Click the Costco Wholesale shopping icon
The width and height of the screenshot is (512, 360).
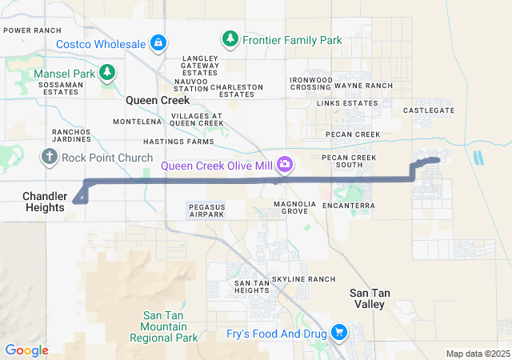tap(158, 42)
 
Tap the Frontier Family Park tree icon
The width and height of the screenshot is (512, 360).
tap(230, 39)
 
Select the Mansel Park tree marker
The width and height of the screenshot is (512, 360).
tap(107, 73)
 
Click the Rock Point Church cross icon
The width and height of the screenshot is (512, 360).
tap(50, 156)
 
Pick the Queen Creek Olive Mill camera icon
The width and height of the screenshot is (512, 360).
tap(285, 166)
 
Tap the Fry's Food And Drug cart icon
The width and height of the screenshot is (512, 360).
tap(339, 331)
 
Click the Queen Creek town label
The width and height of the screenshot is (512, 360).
tap(158, 101)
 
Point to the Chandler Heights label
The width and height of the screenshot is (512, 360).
tap(43, 202)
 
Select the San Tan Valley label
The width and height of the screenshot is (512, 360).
tap(370, 298)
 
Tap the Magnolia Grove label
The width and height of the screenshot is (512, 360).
tap(290, 208)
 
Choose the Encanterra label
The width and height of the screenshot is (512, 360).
tap(350, 206)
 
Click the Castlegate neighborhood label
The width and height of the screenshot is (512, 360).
tap(429, 110)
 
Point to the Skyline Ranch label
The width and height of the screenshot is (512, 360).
tap(303, 278)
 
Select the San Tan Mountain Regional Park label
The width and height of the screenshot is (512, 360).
tap(169, 326)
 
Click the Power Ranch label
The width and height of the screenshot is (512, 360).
tap(33, 30)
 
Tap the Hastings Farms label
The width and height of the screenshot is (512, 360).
tap(185, 142)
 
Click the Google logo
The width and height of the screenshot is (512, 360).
tap(27, 350)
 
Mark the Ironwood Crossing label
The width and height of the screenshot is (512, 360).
tap(310, 82)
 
